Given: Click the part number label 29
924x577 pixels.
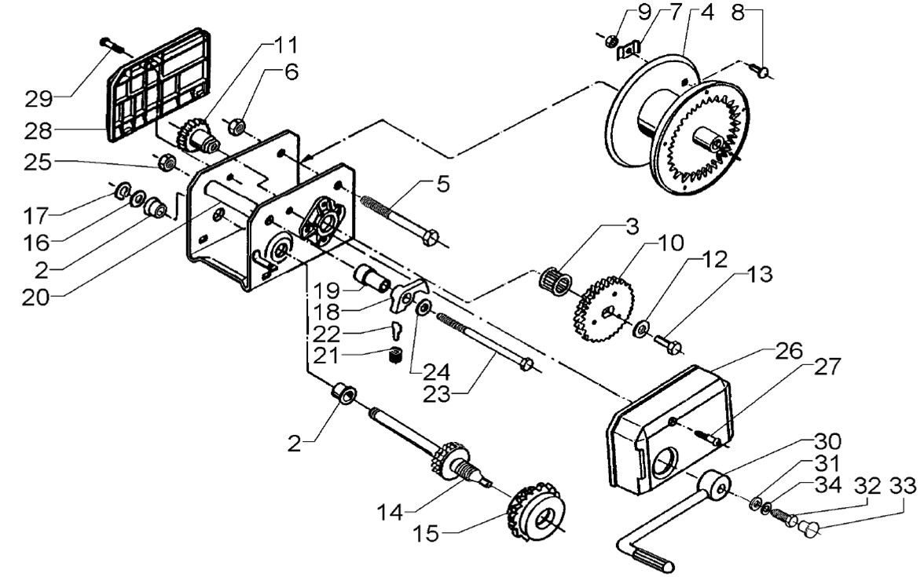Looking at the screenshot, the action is pyautogui.click(x=38, y=98).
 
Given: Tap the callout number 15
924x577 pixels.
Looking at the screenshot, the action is pyautogui.click(x=426, y=534).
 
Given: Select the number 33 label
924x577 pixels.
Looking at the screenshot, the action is pyautogui.click(x=902, y=487).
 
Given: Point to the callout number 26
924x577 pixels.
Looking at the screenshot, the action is pyautogui.click(x=789, y=351).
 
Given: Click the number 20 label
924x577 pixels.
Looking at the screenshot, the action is pyautogui.click(x=36, y=298).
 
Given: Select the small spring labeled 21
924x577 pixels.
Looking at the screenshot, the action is pyautogui.click(x=395, y=355).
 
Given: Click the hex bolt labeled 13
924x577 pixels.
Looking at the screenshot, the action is pyautogui.click(x=668, y=343).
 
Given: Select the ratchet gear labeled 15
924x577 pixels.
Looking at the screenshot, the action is pyautogui.click(x=535, y=509).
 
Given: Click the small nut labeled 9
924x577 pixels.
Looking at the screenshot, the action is pyautogui.click(x=611, y=40).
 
